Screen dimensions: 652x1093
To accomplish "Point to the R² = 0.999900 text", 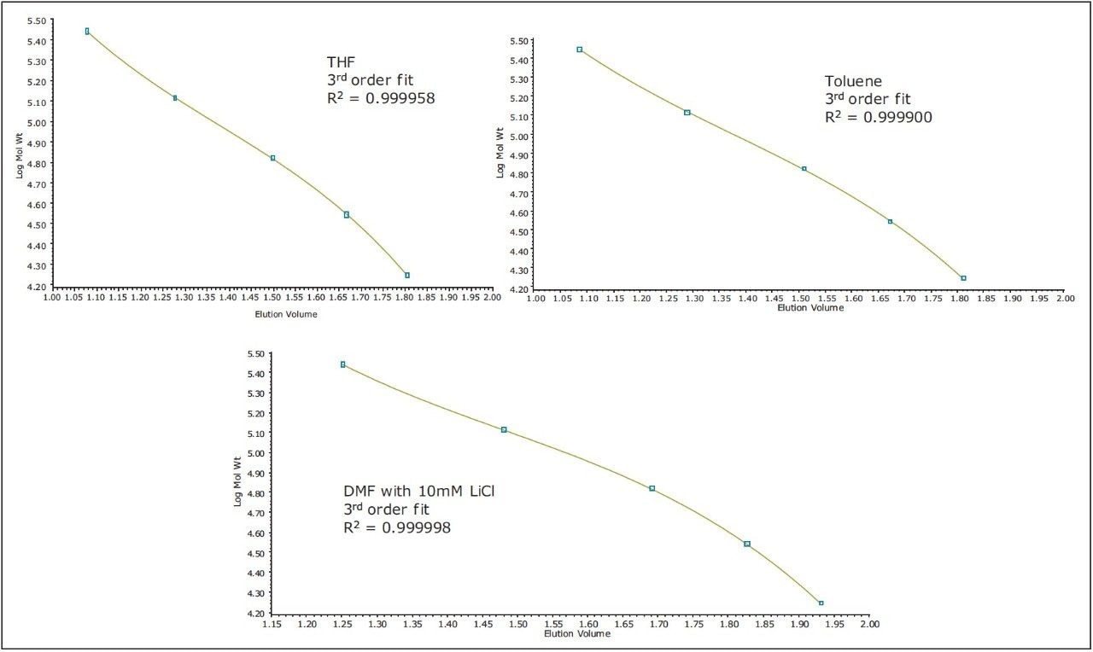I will (x=879, y=118).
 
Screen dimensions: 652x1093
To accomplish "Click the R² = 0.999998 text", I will (x=397, y=527).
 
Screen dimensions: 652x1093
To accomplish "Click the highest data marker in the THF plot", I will (x=87, y=31).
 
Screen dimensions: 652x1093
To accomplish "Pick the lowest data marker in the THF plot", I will (x=407, y=275).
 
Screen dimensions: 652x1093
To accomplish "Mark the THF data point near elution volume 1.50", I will (x=272, y=158).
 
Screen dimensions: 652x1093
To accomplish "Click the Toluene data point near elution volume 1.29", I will (x=687, y=113).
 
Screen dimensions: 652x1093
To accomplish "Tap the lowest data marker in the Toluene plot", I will (x=963, y=278).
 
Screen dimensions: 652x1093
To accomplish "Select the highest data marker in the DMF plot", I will (x=343, y=364).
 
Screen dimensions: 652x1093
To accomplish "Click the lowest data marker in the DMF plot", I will (x=821, y=603).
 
